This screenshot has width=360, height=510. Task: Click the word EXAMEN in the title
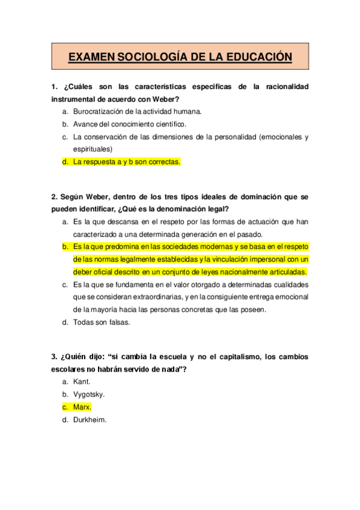tap(91, 57)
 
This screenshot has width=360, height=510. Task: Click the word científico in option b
tap(168, 124)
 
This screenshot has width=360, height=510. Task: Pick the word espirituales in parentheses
tap(93, 149)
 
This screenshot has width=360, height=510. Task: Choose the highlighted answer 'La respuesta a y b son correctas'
tap(127, 161)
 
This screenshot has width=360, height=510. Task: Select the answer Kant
tap(82, 382)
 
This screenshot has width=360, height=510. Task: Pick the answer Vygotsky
tap(89, 395)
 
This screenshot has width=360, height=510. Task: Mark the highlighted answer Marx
tap(82, 407)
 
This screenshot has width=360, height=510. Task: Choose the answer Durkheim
tap(90, 420)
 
